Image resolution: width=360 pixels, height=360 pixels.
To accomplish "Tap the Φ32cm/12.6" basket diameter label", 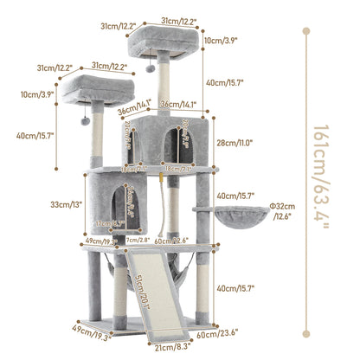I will click(282, 210).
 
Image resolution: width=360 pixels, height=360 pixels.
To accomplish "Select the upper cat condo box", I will click(164, 138).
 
